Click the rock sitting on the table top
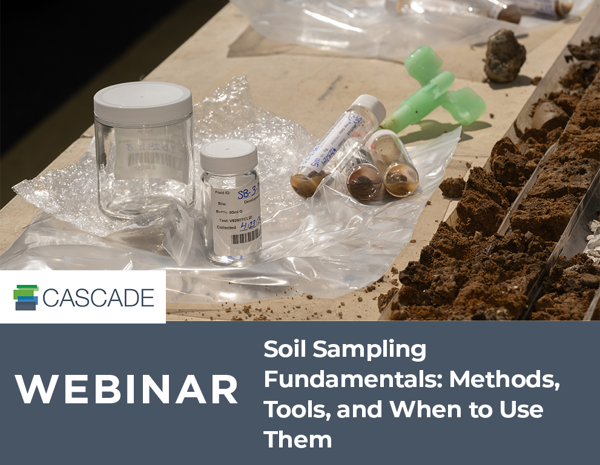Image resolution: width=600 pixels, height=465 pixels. click(x=504, y=56)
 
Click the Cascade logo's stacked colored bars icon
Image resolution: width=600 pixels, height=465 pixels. click(x=26, y=298)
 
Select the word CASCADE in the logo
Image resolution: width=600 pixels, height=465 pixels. click(x=99, y=298)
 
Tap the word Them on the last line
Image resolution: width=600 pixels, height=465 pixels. click(x=298, y=439)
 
